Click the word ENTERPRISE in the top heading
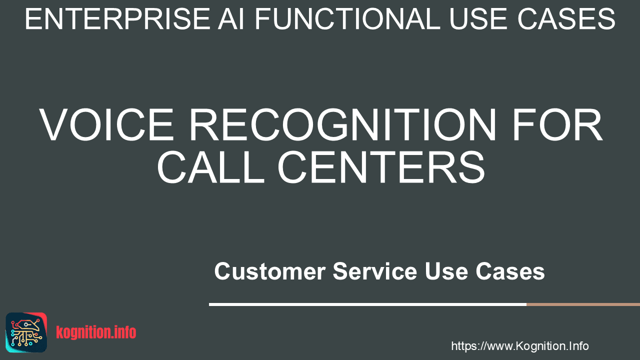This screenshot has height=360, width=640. pos(117,19)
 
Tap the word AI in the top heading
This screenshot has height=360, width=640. pos(231,19)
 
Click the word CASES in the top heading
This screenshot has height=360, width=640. pos(566,19)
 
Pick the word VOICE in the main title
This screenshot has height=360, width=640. pos(106,124)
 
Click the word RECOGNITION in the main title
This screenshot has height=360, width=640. pos(342,124)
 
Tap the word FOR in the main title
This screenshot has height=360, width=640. pos(557,124)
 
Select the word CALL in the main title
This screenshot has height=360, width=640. pos(210,166)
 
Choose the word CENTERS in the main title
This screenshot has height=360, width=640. pos(381,166)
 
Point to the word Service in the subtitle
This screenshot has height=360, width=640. pos(375,271)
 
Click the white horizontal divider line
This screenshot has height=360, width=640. pos(367,304)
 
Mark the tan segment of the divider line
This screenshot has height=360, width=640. pos(583,304)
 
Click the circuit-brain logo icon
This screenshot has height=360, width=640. pos(26,332)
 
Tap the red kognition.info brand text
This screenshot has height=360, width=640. pos(96,332)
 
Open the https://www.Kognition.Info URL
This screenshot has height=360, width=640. pos(519,346)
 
